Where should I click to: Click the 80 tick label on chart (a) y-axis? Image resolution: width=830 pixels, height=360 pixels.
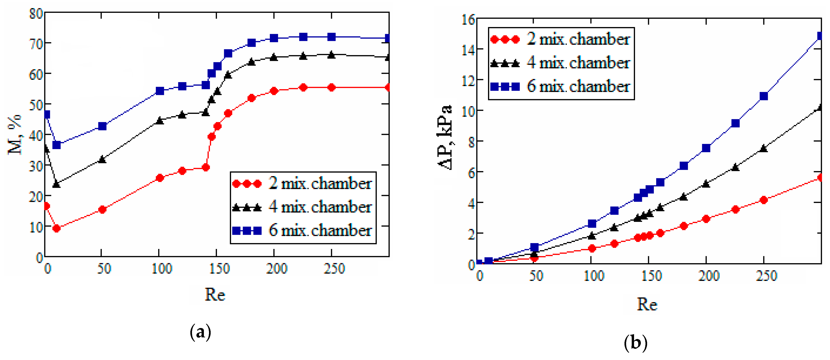(x=35, y=14)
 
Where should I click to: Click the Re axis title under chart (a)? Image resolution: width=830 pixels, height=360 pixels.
(x=215, y=294)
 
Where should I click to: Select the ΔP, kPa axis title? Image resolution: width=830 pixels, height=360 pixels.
(x=445, y=137)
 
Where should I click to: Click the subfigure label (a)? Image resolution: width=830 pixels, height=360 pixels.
(x=200, y=332)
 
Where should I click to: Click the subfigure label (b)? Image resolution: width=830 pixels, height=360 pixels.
(x=635, y=342)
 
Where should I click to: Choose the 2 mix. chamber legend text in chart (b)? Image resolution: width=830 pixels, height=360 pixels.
(x=578, y=39)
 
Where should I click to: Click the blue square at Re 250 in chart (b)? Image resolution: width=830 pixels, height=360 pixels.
(x=763, y=96)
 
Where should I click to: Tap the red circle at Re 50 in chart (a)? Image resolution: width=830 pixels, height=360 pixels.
(x=102, y=210)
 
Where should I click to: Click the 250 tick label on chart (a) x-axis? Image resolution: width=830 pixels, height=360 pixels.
(x=334, y=269)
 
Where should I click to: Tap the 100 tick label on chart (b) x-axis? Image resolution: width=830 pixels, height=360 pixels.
(x=594, y=276)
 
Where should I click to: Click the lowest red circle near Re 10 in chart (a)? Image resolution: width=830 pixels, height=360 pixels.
(x=56, y=228)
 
